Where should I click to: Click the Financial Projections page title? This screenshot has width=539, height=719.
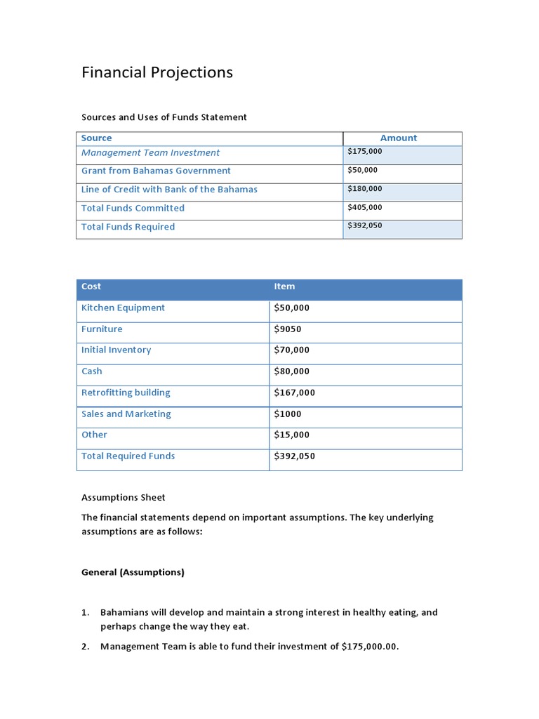[x=157, y=72]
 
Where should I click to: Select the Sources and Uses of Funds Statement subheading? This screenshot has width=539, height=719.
[x=164, y=117]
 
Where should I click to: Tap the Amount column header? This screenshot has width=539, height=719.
[x=398, y=138]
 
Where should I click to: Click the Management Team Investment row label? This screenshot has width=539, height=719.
[x=150, y=153]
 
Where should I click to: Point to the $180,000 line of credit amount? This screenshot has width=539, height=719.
[x=365, y=189]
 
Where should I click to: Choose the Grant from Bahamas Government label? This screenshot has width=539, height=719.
[x=156, y=171]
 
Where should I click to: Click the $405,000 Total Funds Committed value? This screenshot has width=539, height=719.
[x=365, y=208]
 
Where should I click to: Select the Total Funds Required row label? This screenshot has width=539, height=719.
[x=128, y=227]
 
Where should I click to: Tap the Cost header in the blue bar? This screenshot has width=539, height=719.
[x=91, y=286]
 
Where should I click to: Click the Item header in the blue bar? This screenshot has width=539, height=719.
[x=284, y=286]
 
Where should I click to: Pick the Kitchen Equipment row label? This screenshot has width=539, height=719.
[x=123, y=308]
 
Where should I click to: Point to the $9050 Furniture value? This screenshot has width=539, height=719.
[x=288, y=329]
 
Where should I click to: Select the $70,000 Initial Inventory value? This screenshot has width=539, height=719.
[x=291, y=350]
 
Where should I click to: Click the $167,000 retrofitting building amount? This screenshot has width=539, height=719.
[x=294, y=393]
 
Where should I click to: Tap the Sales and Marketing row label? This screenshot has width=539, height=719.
[x=126, y=414]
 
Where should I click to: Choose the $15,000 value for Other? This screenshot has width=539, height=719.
[x=291, y=435]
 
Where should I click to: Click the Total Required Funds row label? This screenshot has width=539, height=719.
[x=128, y=456]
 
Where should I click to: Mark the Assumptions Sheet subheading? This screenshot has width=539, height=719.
[x=124, y=498]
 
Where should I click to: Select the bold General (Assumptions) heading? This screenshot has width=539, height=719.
[x=133, y=572]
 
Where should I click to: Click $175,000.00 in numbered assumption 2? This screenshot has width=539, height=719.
[x=369, y=647]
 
